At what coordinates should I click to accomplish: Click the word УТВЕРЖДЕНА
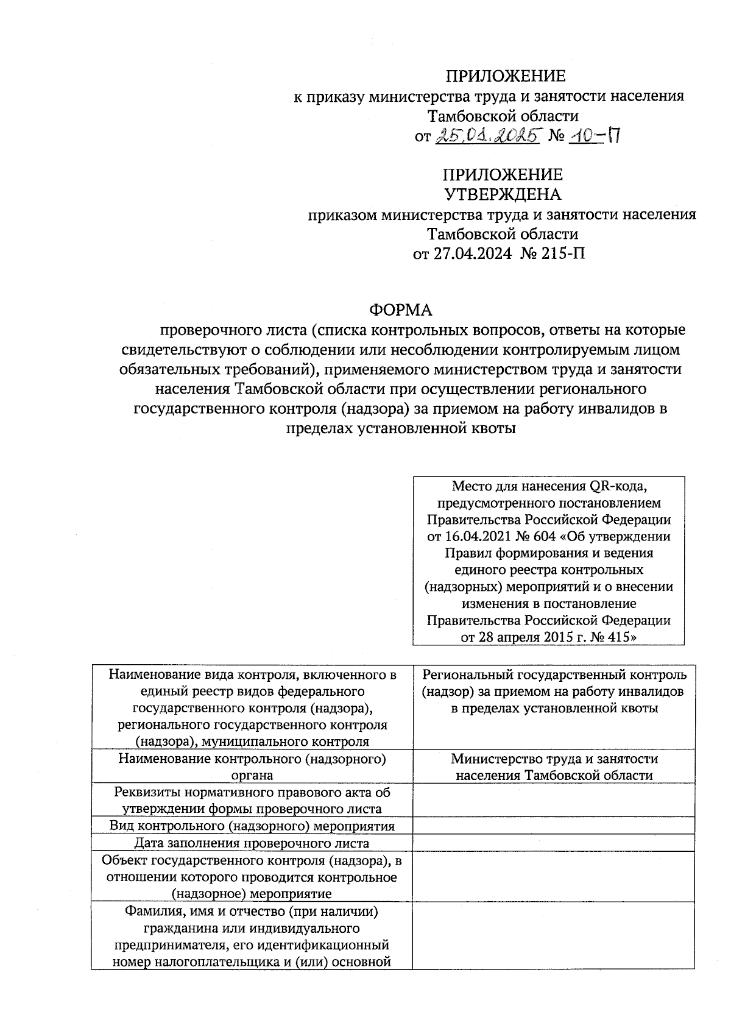tap(503, 194)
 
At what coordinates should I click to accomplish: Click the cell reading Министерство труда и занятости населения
tap(554, 767)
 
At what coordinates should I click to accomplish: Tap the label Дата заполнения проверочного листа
tap(252, 843)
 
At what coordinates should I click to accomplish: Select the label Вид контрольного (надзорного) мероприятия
tap(252, 826)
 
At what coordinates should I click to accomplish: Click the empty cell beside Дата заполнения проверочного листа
tap(554, 843)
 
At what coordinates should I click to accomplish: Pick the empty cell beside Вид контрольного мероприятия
tap(554, 826)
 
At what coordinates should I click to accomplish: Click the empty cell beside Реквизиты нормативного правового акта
tap(554, 801)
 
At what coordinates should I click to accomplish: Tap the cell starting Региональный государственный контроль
tap(554, 692)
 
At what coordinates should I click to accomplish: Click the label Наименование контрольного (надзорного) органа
tap(252, 767)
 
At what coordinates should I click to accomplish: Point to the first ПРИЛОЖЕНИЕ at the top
tap(505, 76)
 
